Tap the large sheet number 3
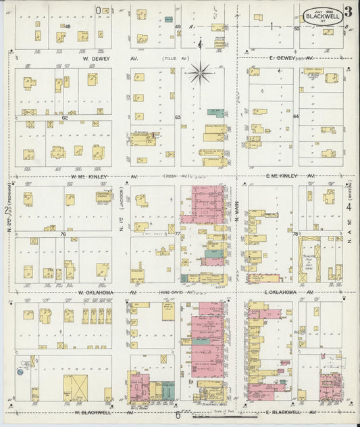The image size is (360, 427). point(346,11)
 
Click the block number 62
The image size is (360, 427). point(65,118)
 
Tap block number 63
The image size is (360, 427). point(178,118)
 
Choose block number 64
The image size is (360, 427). point(295,117)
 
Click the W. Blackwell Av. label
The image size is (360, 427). point(95,411)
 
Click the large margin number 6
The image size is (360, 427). point(178,415)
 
